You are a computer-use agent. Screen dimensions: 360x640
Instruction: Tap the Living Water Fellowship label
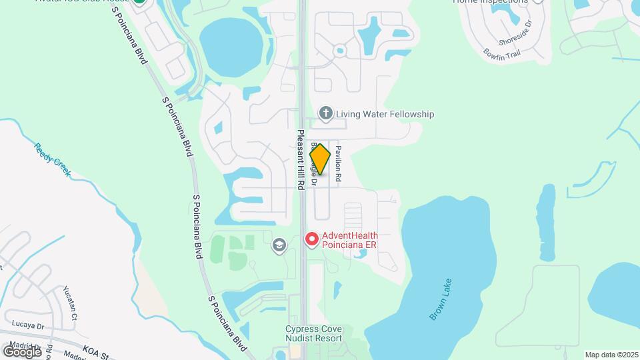pos(385,114)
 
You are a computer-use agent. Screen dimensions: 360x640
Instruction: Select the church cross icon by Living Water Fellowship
pos(326,113)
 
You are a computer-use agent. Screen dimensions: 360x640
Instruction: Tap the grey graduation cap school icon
pos(279,247)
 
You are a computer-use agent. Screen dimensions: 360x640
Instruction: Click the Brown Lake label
pos(441,300)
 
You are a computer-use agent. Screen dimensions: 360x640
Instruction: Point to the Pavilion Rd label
pos(339,165)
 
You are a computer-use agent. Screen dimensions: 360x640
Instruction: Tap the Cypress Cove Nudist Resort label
pos(313,333)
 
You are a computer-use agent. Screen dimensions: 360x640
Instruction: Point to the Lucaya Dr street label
pos(27,326)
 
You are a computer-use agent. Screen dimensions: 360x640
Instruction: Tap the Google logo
pos(22,351)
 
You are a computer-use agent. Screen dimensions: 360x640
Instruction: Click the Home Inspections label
pos(490,1)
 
